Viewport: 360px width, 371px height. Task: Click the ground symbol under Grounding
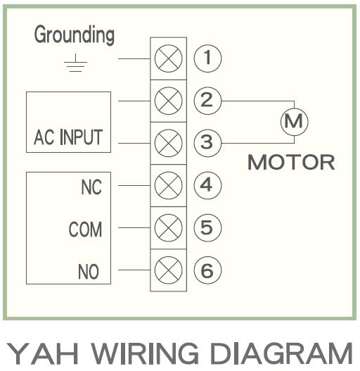pos(75,63)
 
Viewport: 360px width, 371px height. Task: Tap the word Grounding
pos(75,35)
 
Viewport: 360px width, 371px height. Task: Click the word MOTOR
pos(291,163)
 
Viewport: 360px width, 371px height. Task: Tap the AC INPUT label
pos(68,137)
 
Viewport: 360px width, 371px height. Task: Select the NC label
pos(91,187)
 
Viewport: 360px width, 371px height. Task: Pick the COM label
pos(85,229)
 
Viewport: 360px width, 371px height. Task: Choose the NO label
pos(89,272)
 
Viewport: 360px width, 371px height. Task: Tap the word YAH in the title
pos(42,353)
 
